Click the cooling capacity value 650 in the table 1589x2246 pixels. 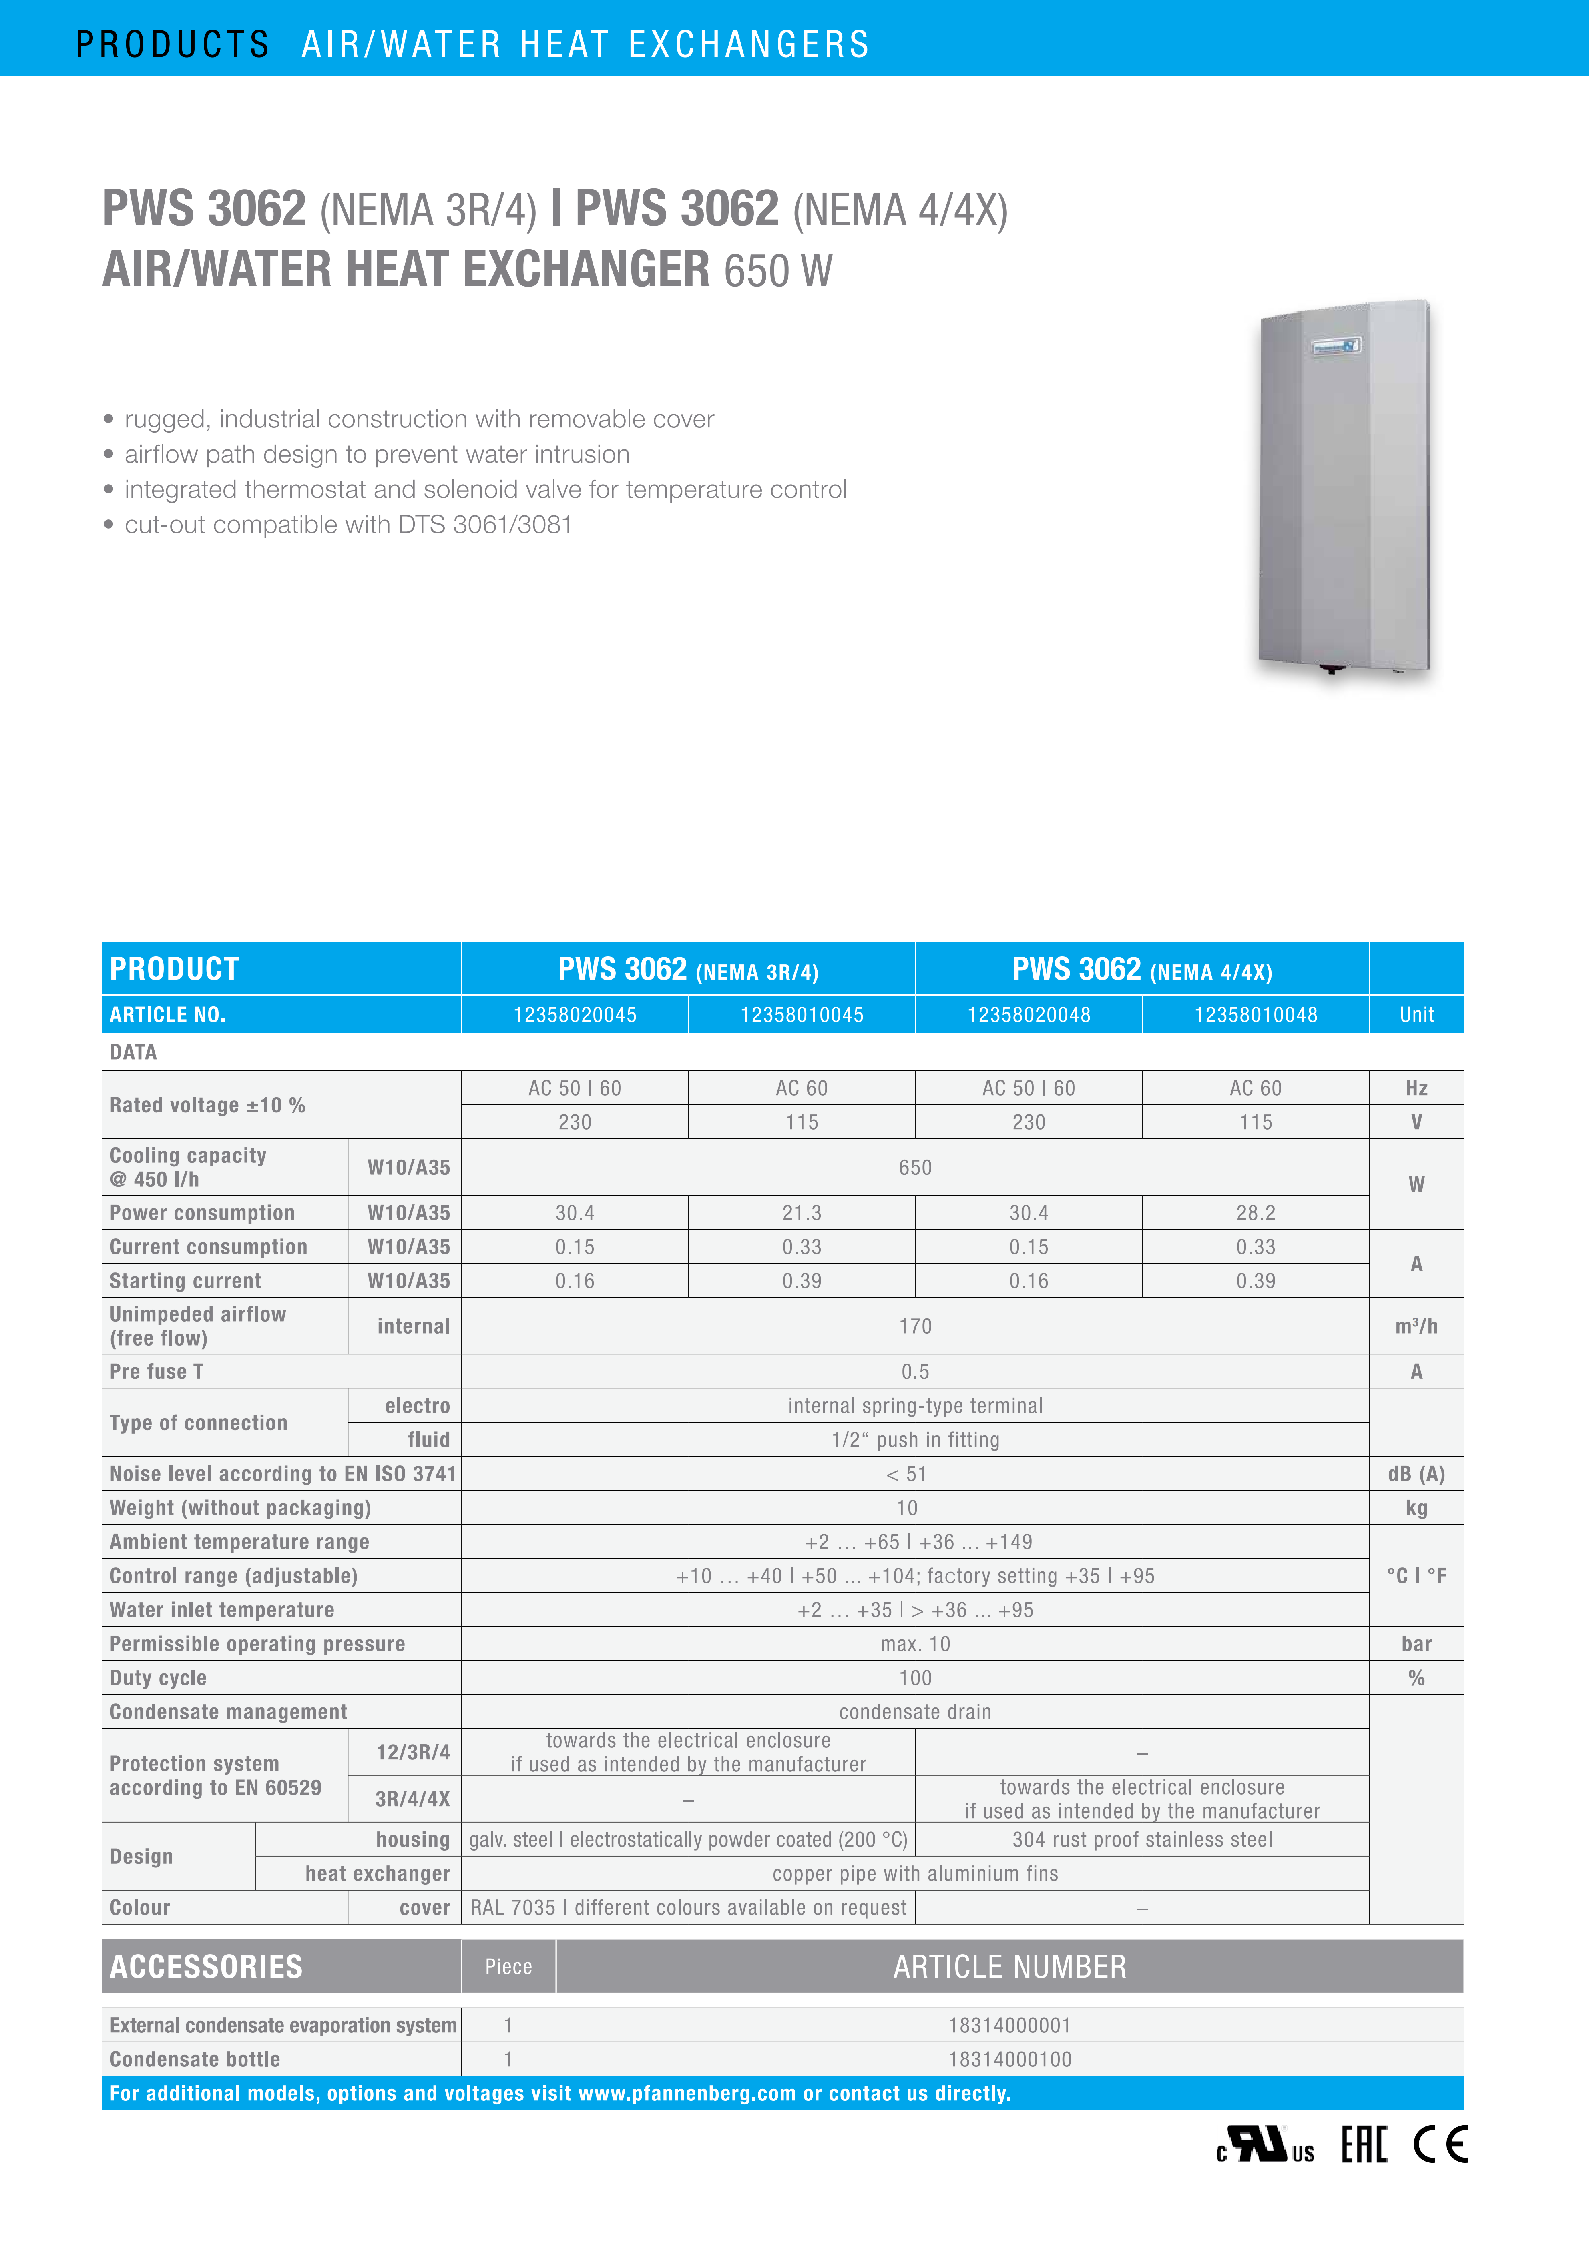tap(915, 1167)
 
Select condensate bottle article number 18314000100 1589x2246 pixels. tap(1010, 2059)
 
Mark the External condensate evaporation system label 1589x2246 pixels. tap(283, 2025)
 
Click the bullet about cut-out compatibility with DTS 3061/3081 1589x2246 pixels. tap(348, 525)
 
